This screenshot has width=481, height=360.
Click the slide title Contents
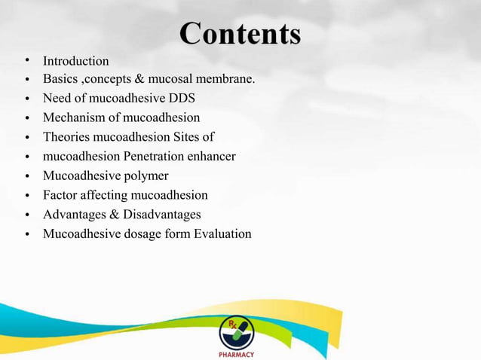[x=240, y=34]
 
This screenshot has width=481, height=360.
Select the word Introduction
[x=75, y=61]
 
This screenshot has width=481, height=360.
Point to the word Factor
[x=60, y=196]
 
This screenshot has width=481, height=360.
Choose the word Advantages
[x=76, y=215]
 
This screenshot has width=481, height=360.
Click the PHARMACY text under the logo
[x=236, y=354]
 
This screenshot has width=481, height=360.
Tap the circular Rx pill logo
[x=236, y=331]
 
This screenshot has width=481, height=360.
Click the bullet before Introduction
[x=26, y=60]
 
